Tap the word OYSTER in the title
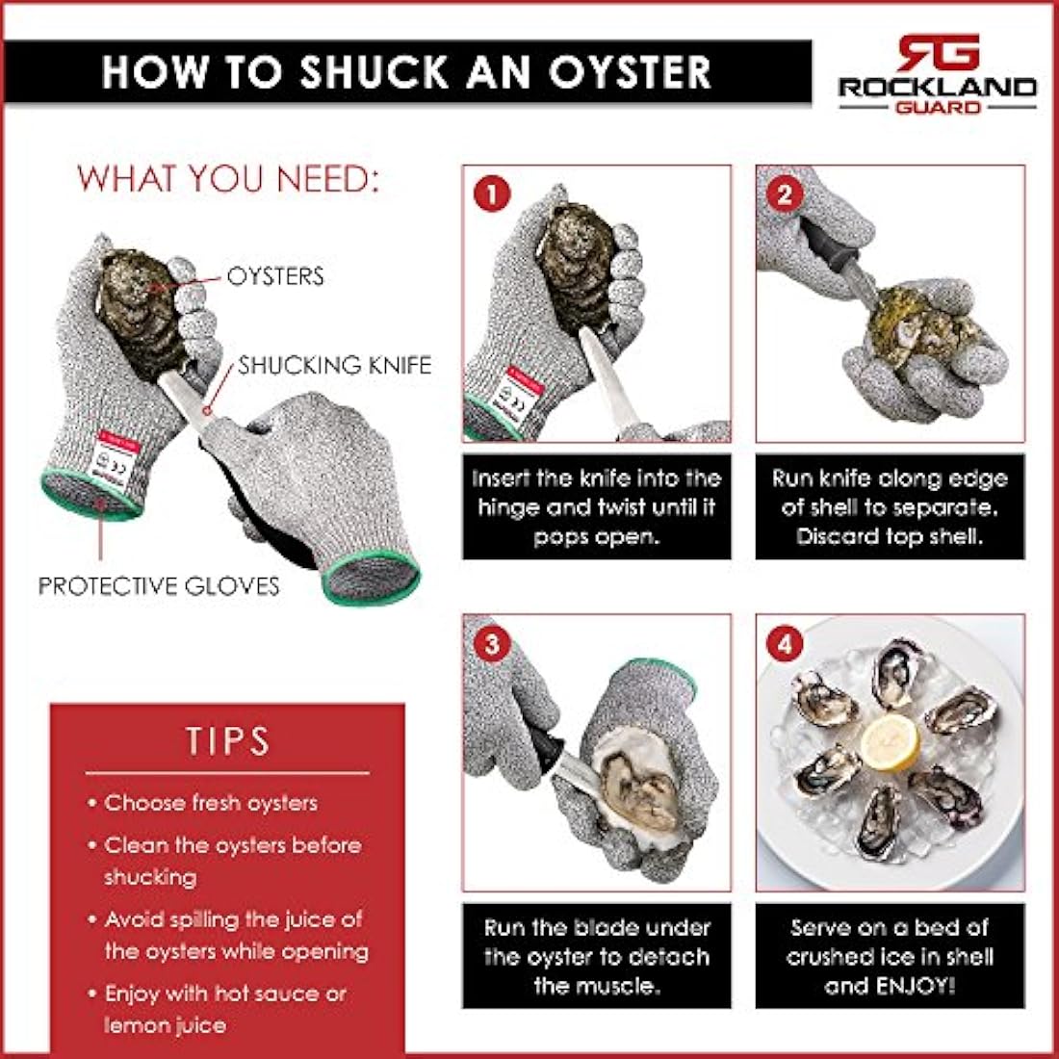630,71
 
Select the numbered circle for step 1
492,194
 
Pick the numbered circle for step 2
785,194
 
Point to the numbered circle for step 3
492,644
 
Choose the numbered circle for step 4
785,644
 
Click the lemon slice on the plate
890,743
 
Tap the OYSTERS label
275,276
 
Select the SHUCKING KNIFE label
335,366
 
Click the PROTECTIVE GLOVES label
159,585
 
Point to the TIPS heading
227,741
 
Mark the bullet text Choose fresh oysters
211,803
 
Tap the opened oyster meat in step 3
637,790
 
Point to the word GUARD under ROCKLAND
938,107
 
